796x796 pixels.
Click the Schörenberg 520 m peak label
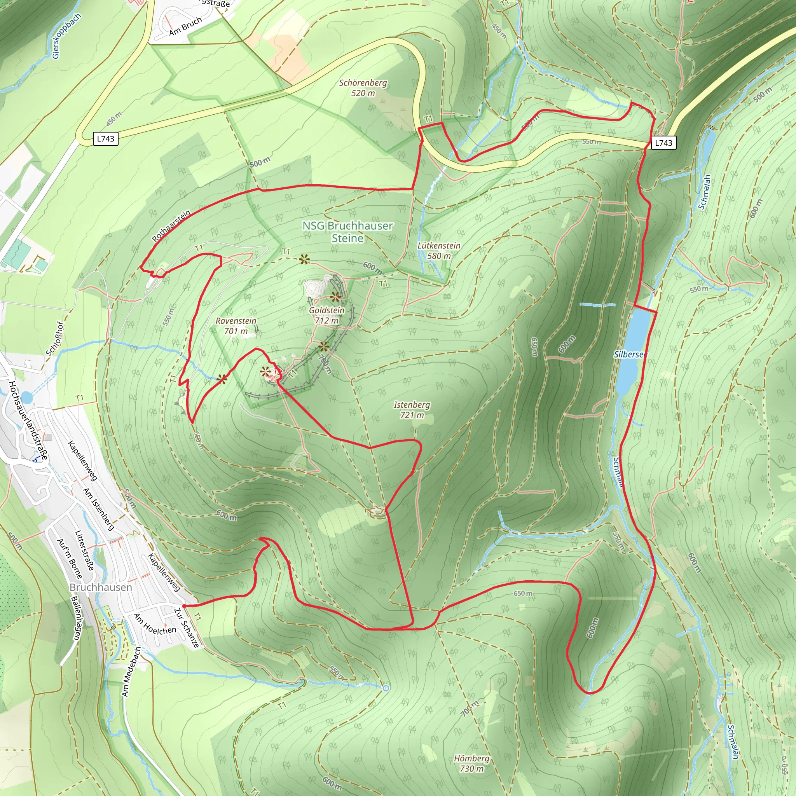pyautogui.click(x=363, y=88)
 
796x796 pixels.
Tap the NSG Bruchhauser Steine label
pyautogui.click(x=347, y=232)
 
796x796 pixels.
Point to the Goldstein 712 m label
pyautogui.click(x=327, y=315)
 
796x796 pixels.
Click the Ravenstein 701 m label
pyautogui.click(x=236, y=326)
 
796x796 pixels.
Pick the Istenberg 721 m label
pyautogui.click(x=412, y=410)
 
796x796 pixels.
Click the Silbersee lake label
pyautogui.click(x=630, y=354)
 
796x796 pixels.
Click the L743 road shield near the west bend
pyautogui.click(x=105, y=138)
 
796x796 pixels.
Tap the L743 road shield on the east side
pyautogui.click(x=663, y=143)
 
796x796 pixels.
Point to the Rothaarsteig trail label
pyautogui.click(x=171, y=226)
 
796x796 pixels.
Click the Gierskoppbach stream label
pyautogui.click(x=66, y=36)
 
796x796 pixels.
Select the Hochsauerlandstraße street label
pyautogui.click(x=28, y=421)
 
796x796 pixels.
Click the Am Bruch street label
pyautogui.click(x=185, y=26)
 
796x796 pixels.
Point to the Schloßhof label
pyautogui.click(x=55, y=338)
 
